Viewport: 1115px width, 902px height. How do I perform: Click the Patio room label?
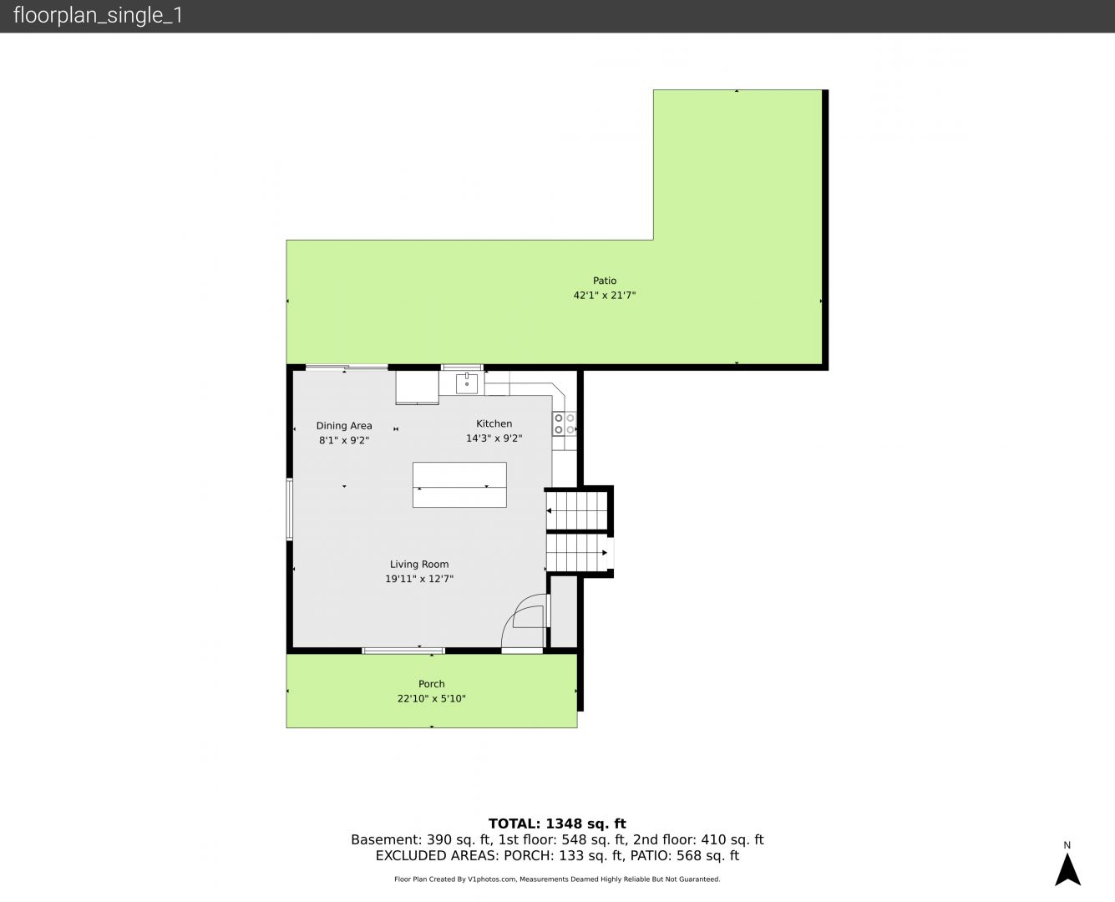coord(604,281)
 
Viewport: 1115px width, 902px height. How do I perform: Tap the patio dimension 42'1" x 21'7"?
coord(604,296)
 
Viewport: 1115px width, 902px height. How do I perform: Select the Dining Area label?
coord(344,426)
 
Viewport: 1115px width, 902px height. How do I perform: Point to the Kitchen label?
coord(494,423)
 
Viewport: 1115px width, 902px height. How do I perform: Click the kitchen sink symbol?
coord(466,383)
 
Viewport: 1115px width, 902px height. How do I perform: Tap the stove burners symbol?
coord(565,424)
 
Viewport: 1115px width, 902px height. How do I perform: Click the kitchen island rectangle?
coord(459,484)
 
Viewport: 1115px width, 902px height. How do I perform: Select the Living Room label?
coord(418,565)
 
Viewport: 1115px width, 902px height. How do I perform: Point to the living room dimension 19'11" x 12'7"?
coord(418,579)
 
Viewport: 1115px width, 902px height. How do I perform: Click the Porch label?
coord(431,684)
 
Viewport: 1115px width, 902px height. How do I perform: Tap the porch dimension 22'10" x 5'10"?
coord(431,698)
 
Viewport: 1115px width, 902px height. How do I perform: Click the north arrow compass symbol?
coord(1067,869)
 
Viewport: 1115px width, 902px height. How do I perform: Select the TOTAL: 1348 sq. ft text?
coord(557,824)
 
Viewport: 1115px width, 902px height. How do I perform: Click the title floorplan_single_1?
coord(98,15)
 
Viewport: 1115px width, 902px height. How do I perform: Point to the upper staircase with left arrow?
coord(576,510)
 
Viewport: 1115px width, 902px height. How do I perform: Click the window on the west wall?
coord(289,509)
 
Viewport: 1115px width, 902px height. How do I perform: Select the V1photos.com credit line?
coord(557,879)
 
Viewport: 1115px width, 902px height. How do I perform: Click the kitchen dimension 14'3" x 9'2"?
coord(494,438)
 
